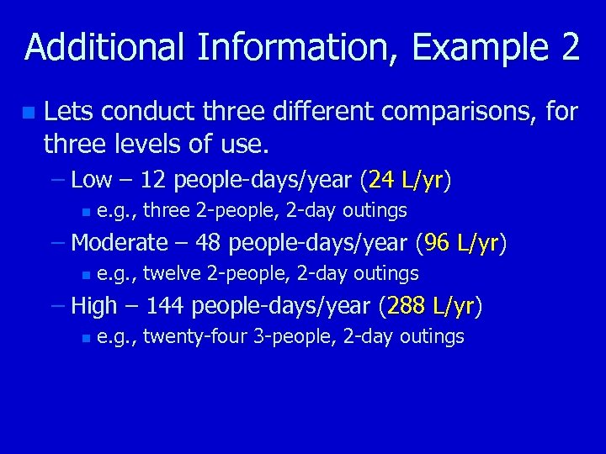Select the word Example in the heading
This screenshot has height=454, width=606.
pos(480,48)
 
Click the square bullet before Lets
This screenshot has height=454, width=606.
pos(29,112)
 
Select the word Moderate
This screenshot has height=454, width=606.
pos(120,243)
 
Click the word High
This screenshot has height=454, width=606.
pos(93,306)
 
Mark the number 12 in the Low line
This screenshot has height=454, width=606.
pos(152,179)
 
